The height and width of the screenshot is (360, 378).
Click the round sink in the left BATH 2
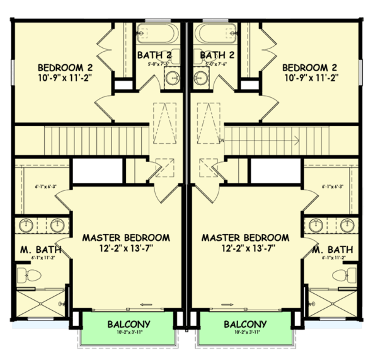point(171,79)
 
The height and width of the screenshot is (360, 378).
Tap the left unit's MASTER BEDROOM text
point(126,238)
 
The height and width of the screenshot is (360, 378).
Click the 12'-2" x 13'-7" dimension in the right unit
point(245,249)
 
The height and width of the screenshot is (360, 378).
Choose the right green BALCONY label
point(245,324)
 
